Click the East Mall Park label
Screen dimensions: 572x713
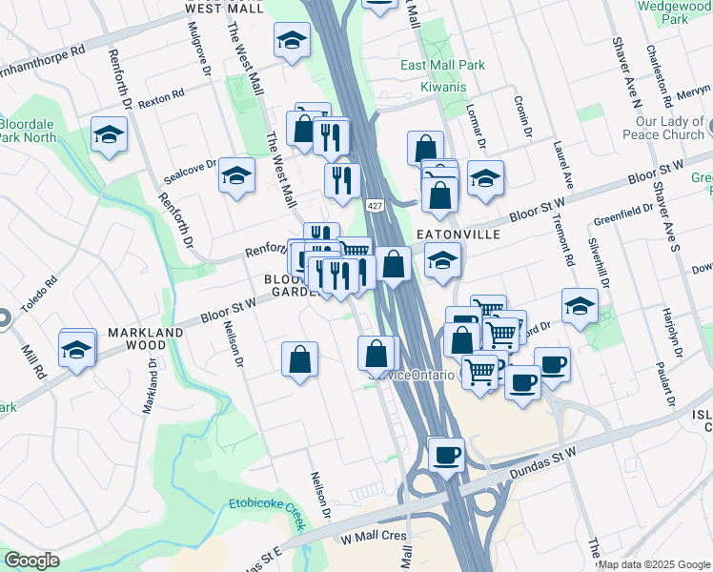tap(442, 66)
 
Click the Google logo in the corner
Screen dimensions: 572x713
tap(31, 561)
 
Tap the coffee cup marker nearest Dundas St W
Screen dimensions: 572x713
tap(445, 455)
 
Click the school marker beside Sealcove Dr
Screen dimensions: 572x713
tap(236, 175)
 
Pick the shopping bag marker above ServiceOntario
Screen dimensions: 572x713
tap(377, 353)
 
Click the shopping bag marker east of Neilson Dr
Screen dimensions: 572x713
tap(299, 359)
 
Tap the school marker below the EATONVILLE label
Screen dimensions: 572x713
tap(442, 260)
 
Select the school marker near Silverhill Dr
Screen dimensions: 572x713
tap(580, 305)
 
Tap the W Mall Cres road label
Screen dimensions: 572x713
tap(374, 538)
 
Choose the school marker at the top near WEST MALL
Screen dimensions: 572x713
tap(292, 40)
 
